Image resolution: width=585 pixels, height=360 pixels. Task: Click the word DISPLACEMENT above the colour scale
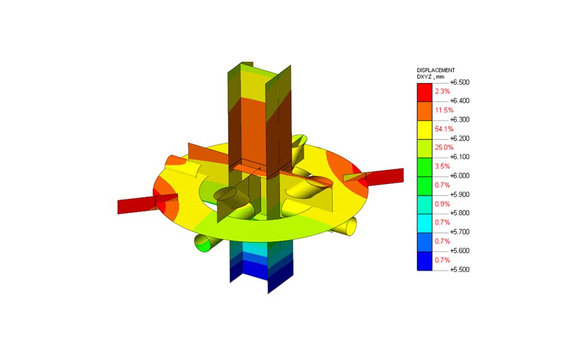(x=435, y=70)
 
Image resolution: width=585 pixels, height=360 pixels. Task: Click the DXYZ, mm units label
(x=431, y=77)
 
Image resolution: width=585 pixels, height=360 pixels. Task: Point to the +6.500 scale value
(x=460, y=82)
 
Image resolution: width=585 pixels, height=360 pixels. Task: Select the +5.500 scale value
(x=460, y=270)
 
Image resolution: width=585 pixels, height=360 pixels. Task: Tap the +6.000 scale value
(x=460, y=175)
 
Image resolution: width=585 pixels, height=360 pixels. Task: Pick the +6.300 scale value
(x=460, y=120)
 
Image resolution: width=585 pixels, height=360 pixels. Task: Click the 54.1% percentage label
(x=444, y=129)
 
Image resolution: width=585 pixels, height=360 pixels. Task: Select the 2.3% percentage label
(x=443, y=91)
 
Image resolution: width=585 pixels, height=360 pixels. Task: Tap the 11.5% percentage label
(x=444, y=110)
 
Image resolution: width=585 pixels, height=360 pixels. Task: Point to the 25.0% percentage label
(x=444, y=147)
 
